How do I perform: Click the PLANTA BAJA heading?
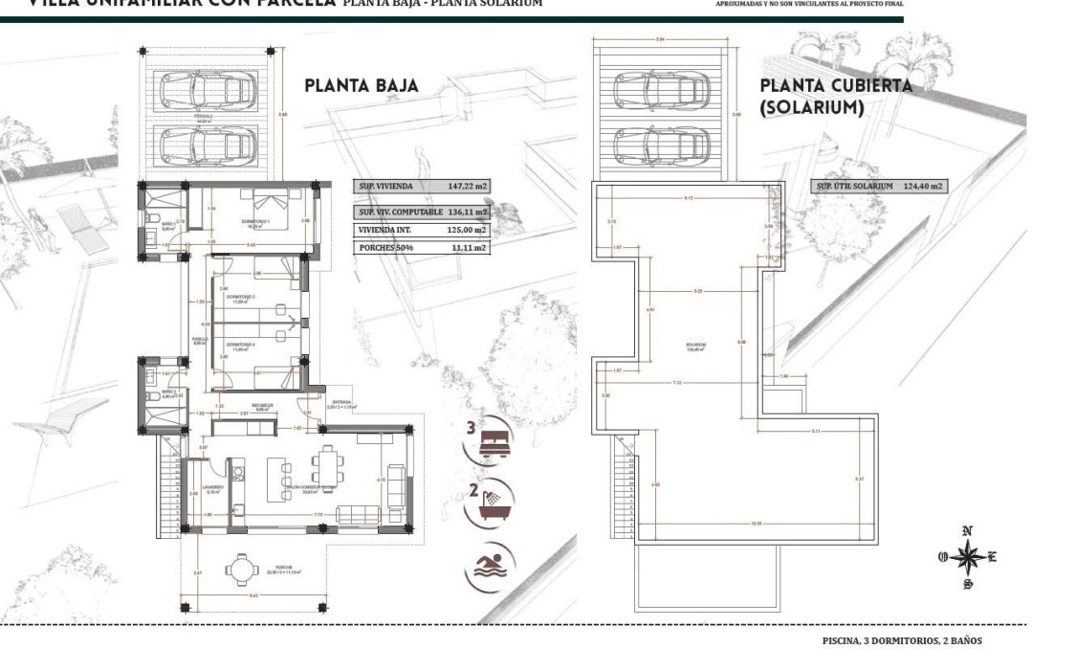coord(361,85)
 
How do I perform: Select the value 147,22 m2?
coord(467,187)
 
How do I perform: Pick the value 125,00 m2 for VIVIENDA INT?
coord(467,230)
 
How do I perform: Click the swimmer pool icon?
coord(490,566)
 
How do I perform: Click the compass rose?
coord(968,556)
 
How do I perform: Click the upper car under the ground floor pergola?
coord(208,93)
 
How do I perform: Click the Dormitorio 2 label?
coord(240,298)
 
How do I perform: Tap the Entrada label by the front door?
coord(341,402)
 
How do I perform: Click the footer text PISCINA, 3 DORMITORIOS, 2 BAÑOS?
coord(901,640)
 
